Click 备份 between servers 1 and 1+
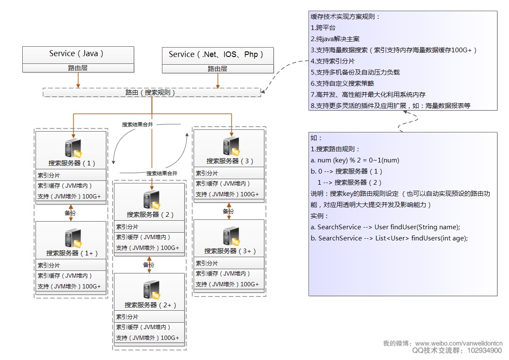71,213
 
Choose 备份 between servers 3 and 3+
228,211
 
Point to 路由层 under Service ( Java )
78,68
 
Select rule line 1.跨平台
323,28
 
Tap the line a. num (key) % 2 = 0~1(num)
355,160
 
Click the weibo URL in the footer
459,344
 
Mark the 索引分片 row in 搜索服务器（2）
127,227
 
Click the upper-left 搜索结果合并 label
137,124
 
